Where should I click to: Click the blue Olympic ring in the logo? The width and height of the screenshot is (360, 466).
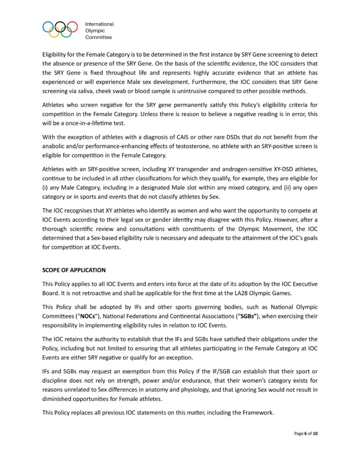pyautogui.click(x=48, y=26)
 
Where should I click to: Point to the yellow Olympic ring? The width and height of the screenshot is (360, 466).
pyautogui.click(x=54, y=32)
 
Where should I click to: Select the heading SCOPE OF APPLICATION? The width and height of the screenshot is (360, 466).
pyautogui.click(x=74, y=270)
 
